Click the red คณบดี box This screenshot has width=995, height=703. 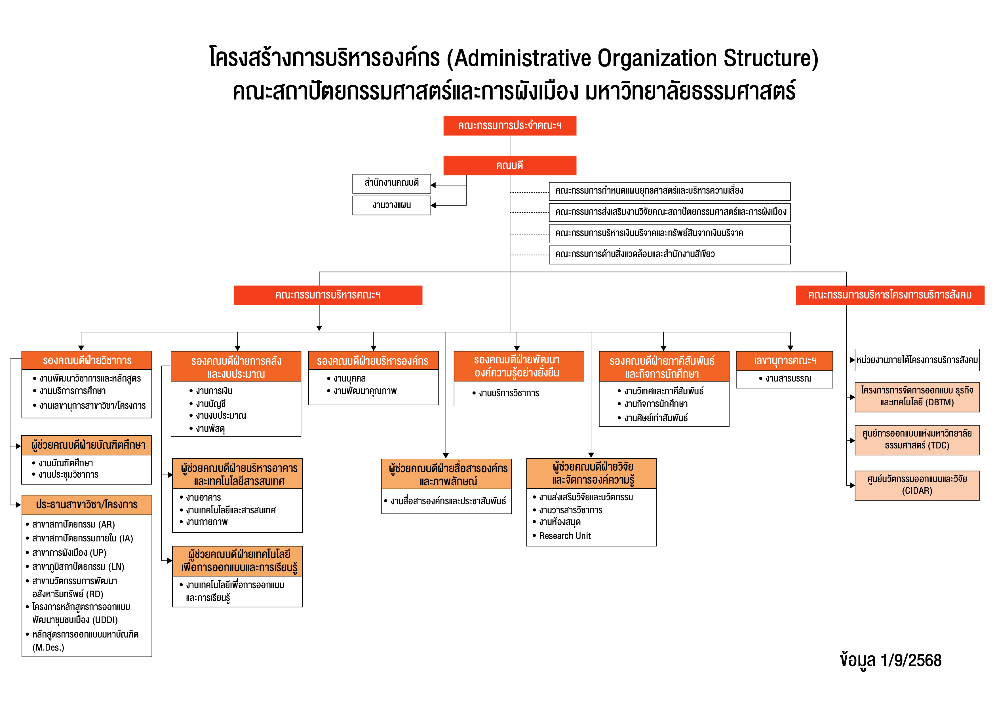pos(510,166)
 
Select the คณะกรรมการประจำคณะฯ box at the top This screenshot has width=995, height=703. pos(510,126)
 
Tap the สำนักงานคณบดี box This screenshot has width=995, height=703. pos(391,183)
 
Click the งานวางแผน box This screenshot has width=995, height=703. pos(391,205)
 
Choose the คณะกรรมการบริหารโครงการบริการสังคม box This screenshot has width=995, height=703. pos(890,295)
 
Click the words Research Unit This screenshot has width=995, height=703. pos(565,536)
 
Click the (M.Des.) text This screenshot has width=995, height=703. pos(48,647)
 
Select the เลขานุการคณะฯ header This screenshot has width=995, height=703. pos(784,361)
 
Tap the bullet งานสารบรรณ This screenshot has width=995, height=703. pos(788,379)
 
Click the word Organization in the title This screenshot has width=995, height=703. pos(657,58)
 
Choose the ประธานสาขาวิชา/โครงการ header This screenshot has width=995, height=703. pos(87,505)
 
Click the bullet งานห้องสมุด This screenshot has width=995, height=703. pos(559,522)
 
